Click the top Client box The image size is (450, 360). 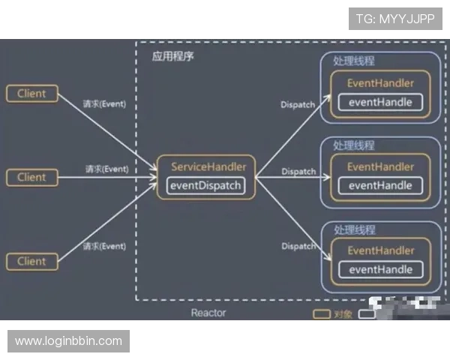[31, 94]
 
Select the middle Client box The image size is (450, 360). [31, 178]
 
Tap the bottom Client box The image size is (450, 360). [31, 262]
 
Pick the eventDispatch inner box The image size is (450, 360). [206, 185]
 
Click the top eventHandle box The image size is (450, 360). [380, 102]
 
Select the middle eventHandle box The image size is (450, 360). [380, 185]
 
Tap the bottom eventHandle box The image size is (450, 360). [380, 269]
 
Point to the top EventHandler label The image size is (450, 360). [380, 83]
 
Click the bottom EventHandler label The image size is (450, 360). [380, 250]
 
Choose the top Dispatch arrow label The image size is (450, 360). [298, 105]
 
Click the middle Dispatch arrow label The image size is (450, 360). [298, 172]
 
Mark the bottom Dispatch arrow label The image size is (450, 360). [298, 247]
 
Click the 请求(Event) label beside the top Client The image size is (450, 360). [105, 104]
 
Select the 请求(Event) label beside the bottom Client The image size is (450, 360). [105, 246]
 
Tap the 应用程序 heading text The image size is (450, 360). [172, 57]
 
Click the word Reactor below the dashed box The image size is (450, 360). [208, 312]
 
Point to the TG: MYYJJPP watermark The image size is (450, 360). [395, 18]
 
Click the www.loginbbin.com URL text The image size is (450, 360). [68, 341]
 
